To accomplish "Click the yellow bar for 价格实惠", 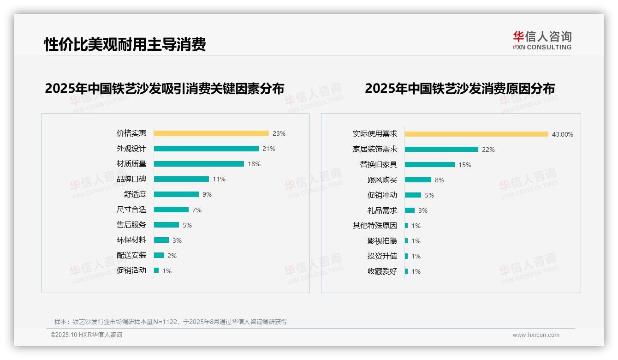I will coord(211,133).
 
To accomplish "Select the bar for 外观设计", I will coord(206,149).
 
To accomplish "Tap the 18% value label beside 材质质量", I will coord(254,164).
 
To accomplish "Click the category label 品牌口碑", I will coord(131,179).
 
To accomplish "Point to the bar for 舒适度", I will coord(176,194).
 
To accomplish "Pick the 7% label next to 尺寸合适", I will coord(197,210).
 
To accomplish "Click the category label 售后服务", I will coord(131,225).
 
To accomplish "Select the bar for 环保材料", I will coord(161,240).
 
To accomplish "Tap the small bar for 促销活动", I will coord(156,270).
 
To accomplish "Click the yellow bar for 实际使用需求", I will coord(476,134).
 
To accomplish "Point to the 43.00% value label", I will coord(563,134).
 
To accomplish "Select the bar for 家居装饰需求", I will coord(441,150).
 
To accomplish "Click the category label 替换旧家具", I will coord(379,165).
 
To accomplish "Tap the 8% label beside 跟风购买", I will coord(440,180).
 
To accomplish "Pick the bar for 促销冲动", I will coord(413,195).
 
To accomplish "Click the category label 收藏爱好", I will coord(382,271).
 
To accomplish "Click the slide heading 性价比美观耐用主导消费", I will coord(125,45).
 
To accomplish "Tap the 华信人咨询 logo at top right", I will coord(542,41).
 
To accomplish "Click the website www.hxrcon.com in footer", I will coord(536,335).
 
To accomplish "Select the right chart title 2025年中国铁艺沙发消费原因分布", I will coord(460,88).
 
